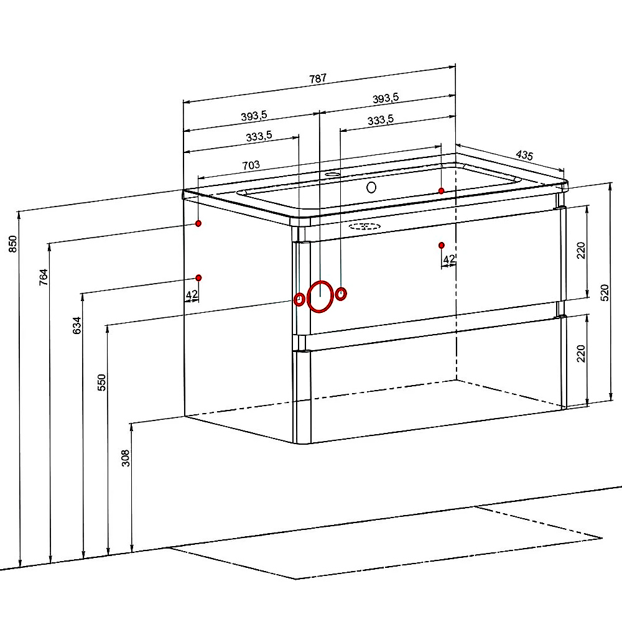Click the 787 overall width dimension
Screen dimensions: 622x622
coord(318,78)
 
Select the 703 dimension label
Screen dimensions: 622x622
coord(251,165)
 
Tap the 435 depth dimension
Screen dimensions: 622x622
coord(524,155)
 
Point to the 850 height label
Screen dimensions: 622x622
coord(13,244)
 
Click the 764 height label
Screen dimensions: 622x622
coord(44,277)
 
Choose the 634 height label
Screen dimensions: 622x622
coord(77,325)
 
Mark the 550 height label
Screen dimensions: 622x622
coord(102,383)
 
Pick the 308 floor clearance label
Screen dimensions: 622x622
coord(126,458)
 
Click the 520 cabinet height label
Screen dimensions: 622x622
coord(604,293)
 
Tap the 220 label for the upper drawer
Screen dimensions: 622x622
coord(581,251)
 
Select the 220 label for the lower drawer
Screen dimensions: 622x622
coord(581,353)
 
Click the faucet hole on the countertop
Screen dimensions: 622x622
coord(333,174)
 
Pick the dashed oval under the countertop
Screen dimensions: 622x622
coord(364,226)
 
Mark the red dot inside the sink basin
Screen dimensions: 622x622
coord(441,191)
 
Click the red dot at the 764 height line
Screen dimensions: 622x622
coord(198,223)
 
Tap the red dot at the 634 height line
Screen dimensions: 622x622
coord(199,277)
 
